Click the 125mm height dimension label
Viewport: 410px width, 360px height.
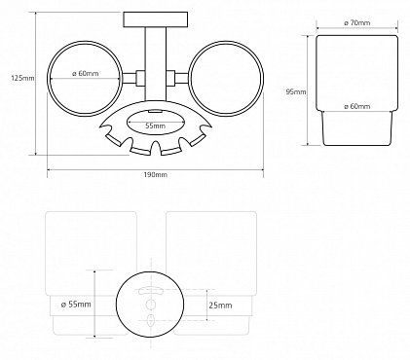22,78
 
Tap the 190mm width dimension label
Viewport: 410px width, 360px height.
156,174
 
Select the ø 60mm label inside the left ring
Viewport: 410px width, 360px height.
85,74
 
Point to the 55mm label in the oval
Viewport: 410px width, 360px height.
155,126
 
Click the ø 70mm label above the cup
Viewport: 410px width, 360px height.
356,22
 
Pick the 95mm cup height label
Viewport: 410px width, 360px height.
296,91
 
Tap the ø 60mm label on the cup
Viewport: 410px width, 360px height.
356,106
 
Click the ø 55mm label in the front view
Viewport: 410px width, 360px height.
76,305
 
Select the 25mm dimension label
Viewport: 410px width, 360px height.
220,306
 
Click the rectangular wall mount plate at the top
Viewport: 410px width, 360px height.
156,19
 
